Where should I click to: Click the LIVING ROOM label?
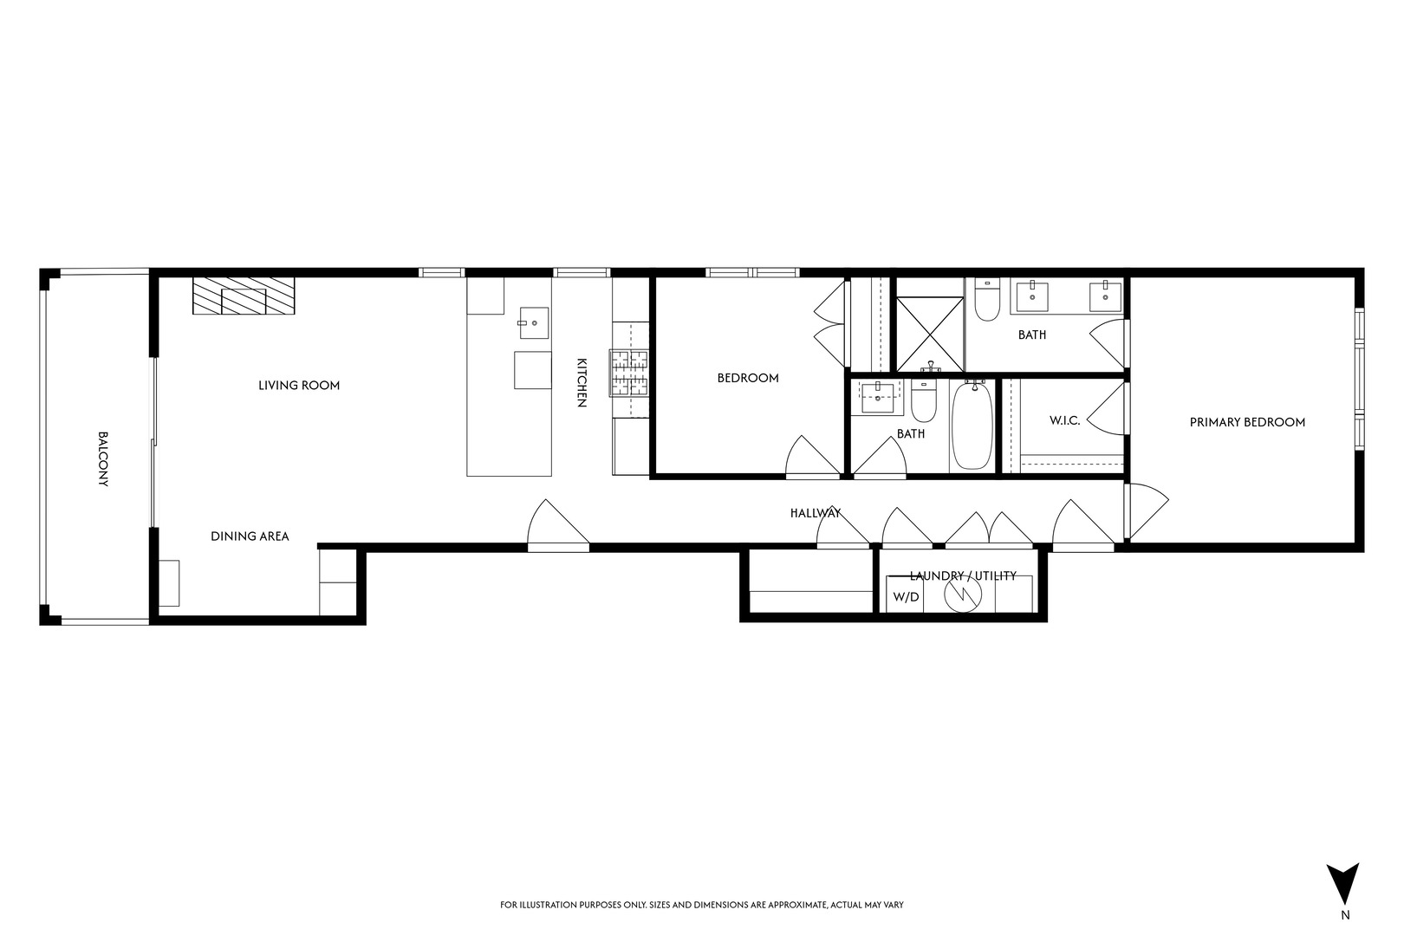pyautogui.click(x=299, y=386)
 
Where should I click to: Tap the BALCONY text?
pyautogui.click(x=102, y=459)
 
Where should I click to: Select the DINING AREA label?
pyautogui.click(x=250, y=536)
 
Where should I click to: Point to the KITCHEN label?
pyautogui.click(x=582, y=382)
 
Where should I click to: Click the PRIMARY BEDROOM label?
pyautogui.click(x=1247, y=423)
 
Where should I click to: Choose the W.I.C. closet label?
pyautogui.click(x=1064, y=420)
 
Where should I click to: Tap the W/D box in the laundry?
pyautogui.click(x=906, y=597)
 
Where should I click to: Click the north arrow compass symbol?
pyautogui.click(x=1344, y=884)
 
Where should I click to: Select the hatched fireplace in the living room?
pyautogui.click(x=244, y=297)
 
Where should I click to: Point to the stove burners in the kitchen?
pyautogui.click(x=630, y=373)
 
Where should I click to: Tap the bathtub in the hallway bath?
pyautogui.click(x=973, y=427)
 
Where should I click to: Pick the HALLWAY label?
pyautogui.click(x=816, y=513)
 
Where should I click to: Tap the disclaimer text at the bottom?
pyautogui.click(x=702, y=905)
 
